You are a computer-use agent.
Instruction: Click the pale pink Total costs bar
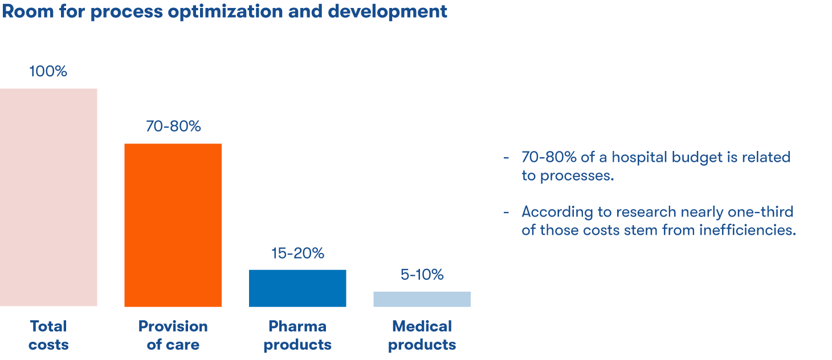(x=48, y=197)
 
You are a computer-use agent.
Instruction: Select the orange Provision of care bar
(x=173, y=225)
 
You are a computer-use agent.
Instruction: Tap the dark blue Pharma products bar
(x=297, y=288)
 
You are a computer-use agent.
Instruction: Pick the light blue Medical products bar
(x=422, y=299)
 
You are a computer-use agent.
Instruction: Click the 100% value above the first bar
(x=48, y=72)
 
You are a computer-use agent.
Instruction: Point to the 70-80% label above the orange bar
(x=173, y=126)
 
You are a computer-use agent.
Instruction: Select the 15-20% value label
(x=297, y=253)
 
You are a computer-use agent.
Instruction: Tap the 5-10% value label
(x=422, y=275)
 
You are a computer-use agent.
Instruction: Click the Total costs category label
(x=48, y=336)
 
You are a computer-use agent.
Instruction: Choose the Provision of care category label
(x=173, y=336)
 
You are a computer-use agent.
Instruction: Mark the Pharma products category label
(x=297, y=336)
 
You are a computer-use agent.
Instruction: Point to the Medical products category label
(x=422, y=336)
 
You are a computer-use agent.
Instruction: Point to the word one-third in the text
(x=760, y=212)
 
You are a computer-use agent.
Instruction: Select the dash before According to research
(x=506, y=212)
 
